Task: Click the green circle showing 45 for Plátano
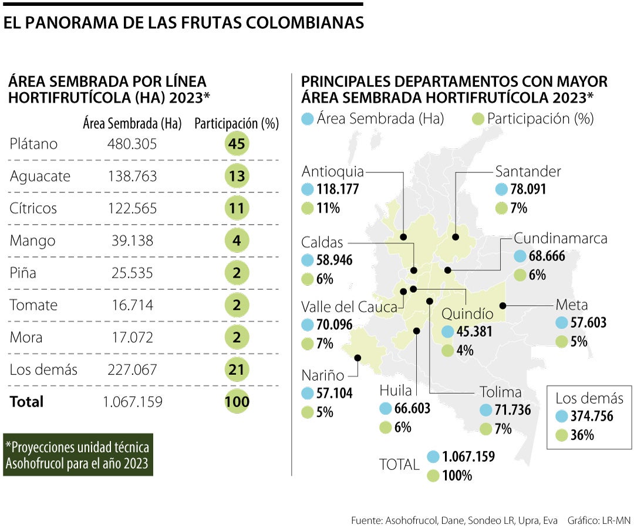(237, 144)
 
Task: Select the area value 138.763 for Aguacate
(132, 176)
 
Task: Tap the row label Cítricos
(33, 208)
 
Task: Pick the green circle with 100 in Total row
(237, 402)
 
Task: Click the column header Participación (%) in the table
(236, 124)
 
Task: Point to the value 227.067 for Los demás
(132, 370)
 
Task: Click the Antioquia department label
(332, 171)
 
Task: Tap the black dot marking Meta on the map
(503, 305)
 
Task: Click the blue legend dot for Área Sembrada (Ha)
(307, 119)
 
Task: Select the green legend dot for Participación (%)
(478, 119)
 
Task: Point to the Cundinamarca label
(560, 238)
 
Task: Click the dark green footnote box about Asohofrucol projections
(77, 455)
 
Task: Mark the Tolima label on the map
(500, 392)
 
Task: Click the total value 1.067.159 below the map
(468, 456)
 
